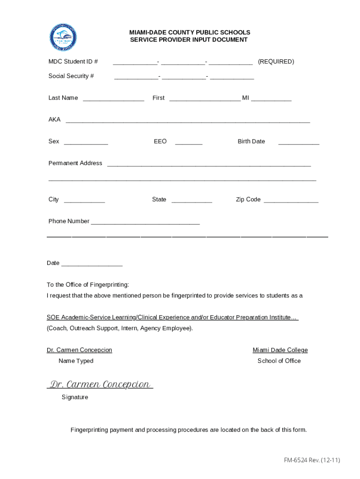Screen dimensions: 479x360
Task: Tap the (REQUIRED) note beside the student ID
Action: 276,61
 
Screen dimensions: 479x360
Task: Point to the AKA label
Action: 54,119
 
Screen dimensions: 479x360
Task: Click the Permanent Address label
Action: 75,163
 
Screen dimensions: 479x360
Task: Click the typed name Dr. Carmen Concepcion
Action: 79,350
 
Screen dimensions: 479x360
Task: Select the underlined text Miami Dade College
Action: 280,350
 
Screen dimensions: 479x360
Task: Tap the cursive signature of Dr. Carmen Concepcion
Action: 100,385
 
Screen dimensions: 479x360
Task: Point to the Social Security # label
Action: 71,76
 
